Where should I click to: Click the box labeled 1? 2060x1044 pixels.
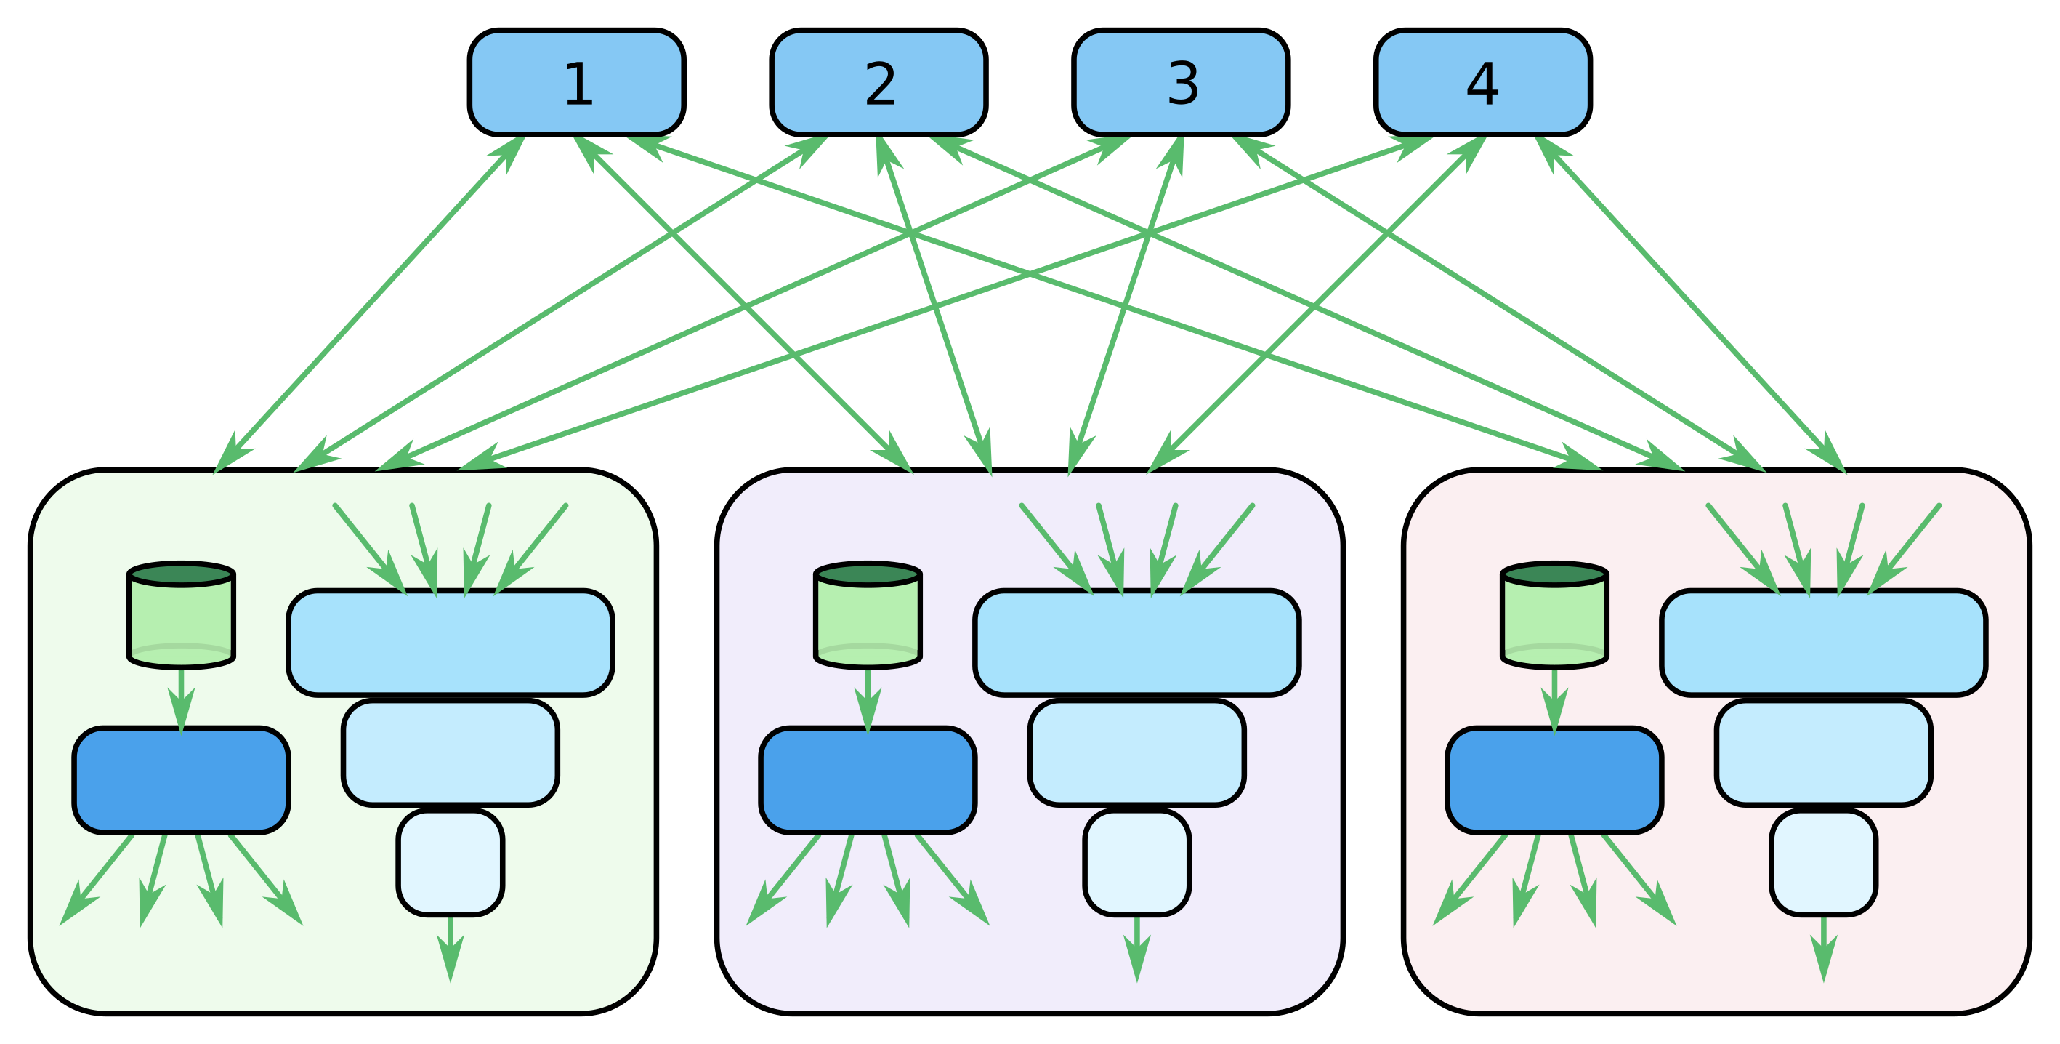[x=576, y=82]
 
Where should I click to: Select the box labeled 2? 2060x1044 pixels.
[x=878, y=82]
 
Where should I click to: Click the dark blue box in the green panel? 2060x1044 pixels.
[x=181, y=780]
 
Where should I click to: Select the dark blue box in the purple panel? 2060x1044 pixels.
[x=868, y=780]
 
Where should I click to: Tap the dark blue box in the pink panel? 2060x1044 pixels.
[x=1554, y=780]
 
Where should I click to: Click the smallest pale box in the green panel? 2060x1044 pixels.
[x=451, y=862]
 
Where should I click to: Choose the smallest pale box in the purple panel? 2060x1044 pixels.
[x=1136, y=862]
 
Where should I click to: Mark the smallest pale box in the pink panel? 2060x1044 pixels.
[x=1823, y=862]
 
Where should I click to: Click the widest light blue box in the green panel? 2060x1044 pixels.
[x=451, y=643]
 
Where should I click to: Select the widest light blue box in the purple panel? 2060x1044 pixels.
[x=1136, y=643]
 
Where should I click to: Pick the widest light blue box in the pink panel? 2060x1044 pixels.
[x=1823, y=643]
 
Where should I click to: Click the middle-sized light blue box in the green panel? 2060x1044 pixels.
[x=451, y=752]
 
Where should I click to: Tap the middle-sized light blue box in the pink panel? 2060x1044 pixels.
[x=1823, y=752]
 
